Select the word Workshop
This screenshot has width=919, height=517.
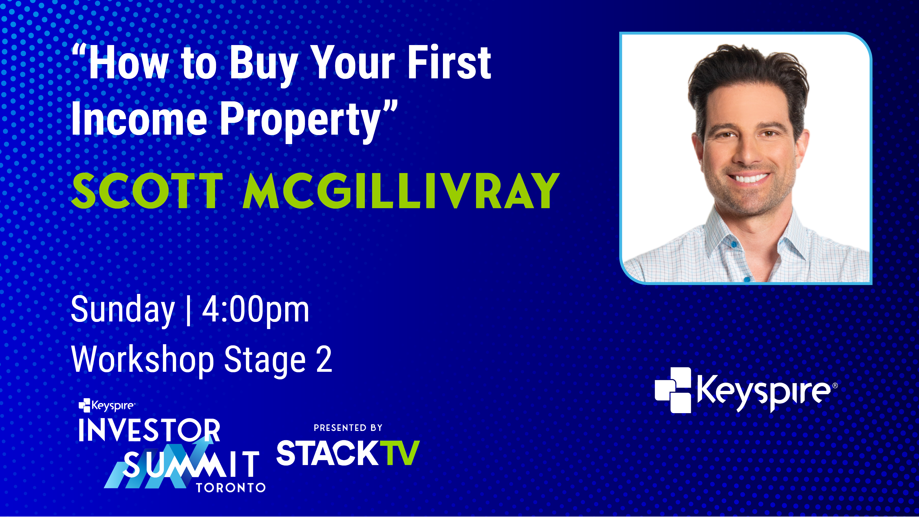143,360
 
